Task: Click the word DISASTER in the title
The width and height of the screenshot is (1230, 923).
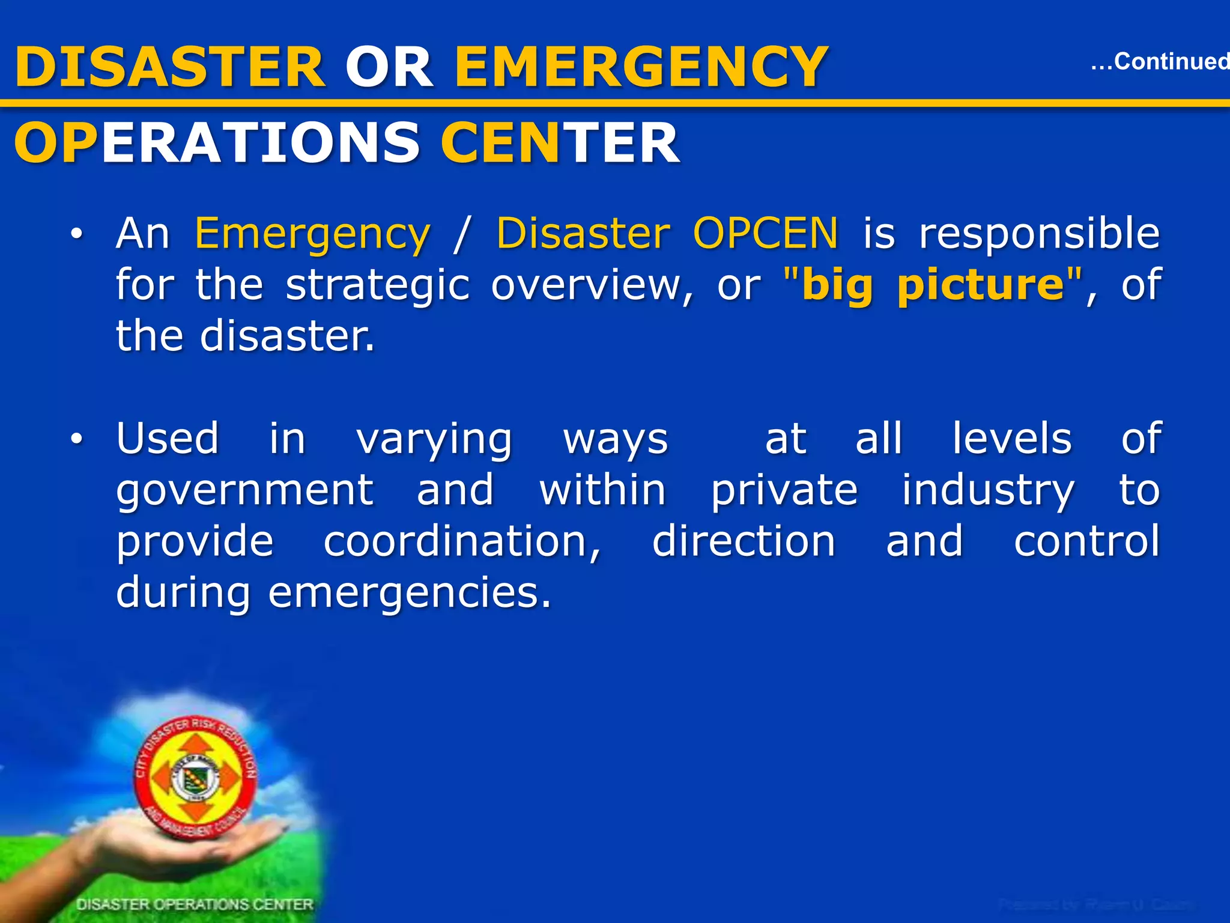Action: point(170,67)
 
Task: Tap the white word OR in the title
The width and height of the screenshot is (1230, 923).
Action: point(389,67)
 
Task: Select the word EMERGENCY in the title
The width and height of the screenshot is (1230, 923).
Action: point(641,67)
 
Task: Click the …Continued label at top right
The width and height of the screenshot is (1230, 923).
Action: point(1159,61)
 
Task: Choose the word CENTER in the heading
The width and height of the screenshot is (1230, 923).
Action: point(560,143)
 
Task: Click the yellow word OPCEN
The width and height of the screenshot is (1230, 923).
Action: point(765,233)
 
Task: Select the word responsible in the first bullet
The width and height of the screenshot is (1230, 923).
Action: point(1039,234)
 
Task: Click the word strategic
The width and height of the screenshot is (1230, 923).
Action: point(377,285)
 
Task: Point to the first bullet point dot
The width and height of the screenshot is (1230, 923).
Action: point(76,235)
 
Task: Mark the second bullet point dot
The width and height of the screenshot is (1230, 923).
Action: point(76,440)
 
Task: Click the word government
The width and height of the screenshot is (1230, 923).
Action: point(245,491)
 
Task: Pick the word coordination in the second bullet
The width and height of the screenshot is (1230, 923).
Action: point(461,542)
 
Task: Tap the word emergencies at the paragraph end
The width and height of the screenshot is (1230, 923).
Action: point(408,593)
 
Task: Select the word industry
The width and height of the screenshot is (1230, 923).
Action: point(987,491)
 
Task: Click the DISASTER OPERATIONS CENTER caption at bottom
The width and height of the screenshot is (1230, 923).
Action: point(195,904)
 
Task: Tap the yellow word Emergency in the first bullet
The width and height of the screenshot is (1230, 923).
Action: point(312,234)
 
